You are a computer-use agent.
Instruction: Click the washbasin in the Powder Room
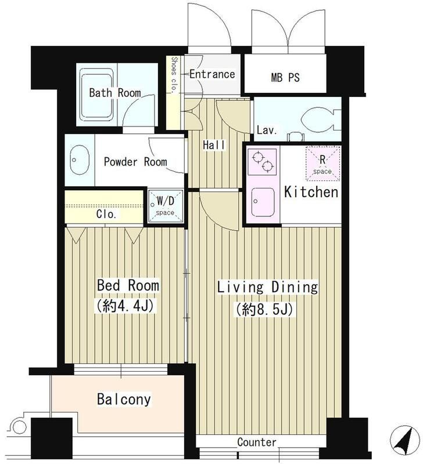point(80,160)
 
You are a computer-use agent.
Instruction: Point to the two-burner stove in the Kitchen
point(262,162)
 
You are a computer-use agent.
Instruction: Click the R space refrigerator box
point(323,164)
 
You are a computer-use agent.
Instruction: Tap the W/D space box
point(165,206)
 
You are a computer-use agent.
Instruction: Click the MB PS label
point(285,77)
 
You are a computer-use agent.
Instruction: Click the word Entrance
point(212,74)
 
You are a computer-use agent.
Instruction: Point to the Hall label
point(214,144)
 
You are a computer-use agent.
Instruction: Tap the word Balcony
point(124,399)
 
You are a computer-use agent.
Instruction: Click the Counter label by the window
point(257,442)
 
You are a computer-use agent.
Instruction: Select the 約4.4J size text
point(124,306)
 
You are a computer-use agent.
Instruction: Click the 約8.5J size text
point(264,310)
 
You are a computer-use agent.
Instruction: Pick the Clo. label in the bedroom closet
point(106,214)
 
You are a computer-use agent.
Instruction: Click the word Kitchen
point(311,192)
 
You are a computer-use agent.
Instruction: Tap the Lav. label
point(267,130)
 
